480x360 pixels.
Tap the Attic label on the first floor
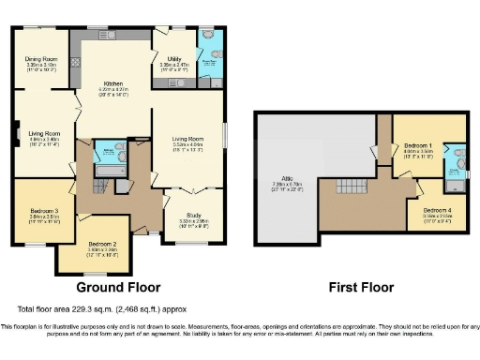[x=280, y=180]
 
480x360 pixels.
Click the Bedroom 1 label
[x=416, y=147]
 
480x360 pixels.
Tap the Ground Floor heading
[x=117, y=287]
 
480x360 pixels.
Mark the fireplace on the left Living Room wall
[x=16, y=134]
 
